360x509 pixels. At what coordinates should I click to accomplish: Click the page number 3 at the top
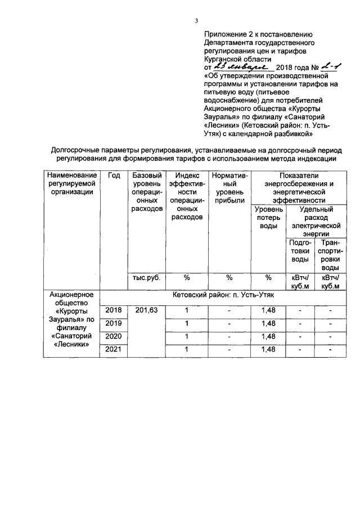[197, 21]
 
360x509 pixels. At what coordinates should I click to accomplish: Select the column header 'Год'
[114, 175]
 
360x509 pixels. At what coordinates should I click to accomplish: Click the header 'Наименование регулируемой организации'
[71, 183]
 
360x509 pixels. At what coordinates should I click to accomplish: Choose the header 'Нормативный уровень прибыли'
[229, 188]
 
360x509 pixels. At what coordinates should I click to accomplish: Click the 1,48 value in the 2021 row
[268, 350]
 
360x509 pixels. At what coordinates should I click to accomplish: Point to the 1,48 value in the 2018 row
[268, 310]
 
